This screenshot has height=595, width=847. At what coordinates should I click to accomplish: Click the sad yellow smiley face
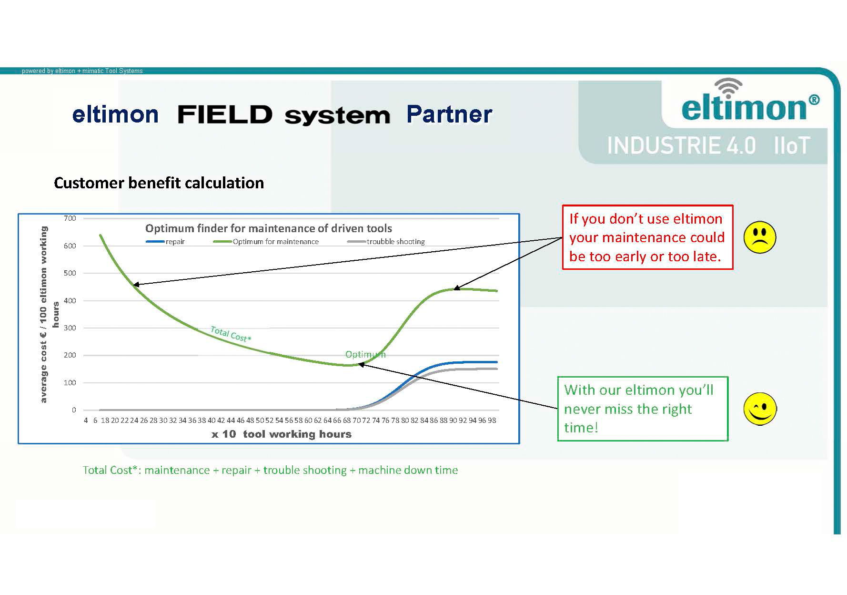759,237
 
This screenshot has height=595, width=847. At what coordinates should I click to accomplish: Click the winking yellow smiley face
760,409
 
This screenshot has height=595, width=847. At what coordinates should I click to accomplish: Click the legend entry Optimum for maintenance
266,242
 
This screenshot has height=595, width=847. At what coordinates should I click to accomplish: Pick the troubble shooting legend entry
386,242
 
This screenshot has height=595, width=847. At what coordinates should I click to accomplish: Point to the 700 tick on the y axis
70,218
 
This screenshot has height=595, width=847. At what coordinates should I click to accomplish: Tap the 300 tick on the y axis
70,328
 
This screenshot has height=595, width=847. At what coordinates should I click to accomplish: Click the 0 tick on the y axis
74,410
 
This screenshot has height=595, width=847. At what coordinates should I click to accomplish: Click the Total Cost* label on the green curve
231,334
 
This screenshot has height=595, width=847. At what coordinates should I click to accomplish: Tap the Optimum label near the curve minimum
365,354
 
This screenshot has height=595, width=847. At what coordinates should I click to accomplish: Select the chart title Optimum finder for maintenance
268,228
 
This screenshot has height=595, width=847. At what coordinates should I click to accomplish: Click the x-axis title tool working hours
282,434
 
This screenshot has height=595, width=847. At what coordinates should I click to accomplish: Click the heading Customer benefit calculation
159,183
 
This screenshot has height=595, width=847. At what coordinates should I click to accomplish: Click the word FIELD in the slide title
224,114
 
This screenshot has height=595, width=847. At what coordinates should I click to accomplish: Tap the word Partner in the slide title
449,114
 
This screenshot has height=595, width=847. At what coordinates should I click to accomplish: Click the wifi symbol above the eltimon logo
728,88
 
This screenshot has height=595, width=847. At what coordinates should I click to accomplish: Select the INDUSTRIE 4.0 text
681,145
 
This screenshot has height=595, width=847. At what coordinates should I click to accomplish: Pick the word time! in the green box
581,427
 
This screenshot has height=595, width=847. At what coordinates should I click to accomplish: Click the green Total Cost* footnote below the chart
270,470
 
